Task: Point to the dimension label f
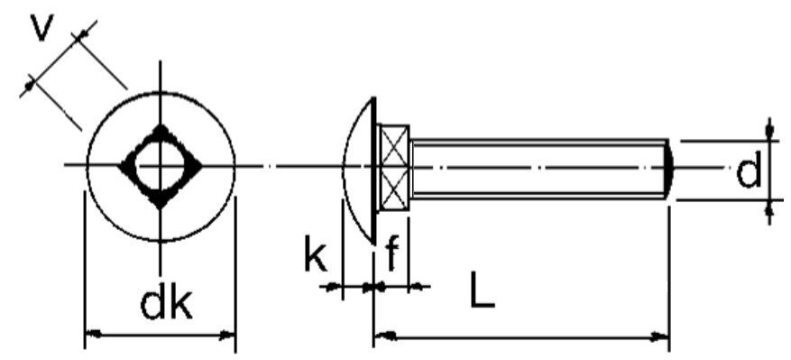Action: coord(392,256)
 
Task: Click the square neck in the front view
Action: coord(160,167)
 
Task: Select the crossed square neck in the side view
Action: coord(394,167)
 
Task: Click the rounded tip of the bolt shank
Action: coord(668,167)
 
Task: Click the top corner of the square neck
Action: coord(160,128)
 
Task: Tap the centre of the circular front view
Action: coord(160,165)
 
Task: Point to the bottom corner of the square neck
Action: coord(160,206)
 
